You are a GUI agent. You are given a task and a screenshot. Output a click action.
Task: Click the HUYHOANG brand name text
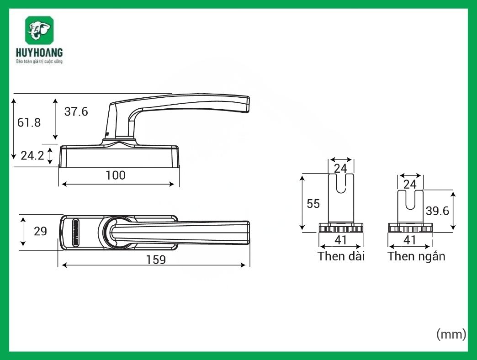[39, 53]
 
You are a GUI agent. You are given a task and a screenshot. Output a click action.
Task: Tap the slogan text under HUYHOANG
[39, 61]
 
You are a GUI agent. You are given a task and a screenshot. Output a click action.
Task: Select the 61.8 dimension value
[29, 122]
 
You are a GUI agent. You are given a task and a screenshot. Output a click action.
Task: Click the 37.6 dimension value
[76, 111]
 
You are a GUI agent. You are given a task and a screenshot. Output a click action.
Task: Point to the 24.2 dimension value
[32, 156]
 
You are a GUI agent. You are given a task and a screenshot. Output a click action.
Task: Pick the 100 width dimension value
[115, 175]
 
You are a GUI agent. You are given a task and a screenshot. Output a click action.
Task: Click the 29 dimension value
[40, 231]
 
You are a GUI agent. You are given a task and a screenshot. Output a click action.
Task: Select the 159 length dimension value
[156, 259]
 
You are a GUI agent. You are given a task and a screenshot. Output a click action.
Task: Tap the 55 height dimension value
[313, 204]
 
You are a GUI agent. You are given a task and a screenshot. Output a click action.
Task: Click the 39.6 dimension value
[437, 210]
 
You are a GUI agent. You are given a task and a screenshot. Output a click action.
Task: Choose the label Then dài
[341, 256]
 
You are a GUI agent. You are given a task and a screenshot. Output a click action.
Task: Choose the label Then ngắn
[416, 256]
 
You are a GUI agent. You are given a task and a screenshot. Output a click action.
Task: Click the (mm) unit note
[451, 334]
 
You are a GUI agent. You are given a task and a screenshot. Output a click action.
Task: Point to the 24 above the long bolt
[340, 168]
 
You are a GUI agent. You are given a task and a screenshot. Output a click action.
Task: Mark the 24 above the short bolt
[410, 184]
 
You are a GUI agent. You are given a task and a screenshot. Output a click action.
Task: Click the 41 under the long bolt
[341, 240]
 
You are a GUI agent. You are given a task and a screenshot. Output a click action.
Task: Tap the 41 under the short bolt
[410, 240]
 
